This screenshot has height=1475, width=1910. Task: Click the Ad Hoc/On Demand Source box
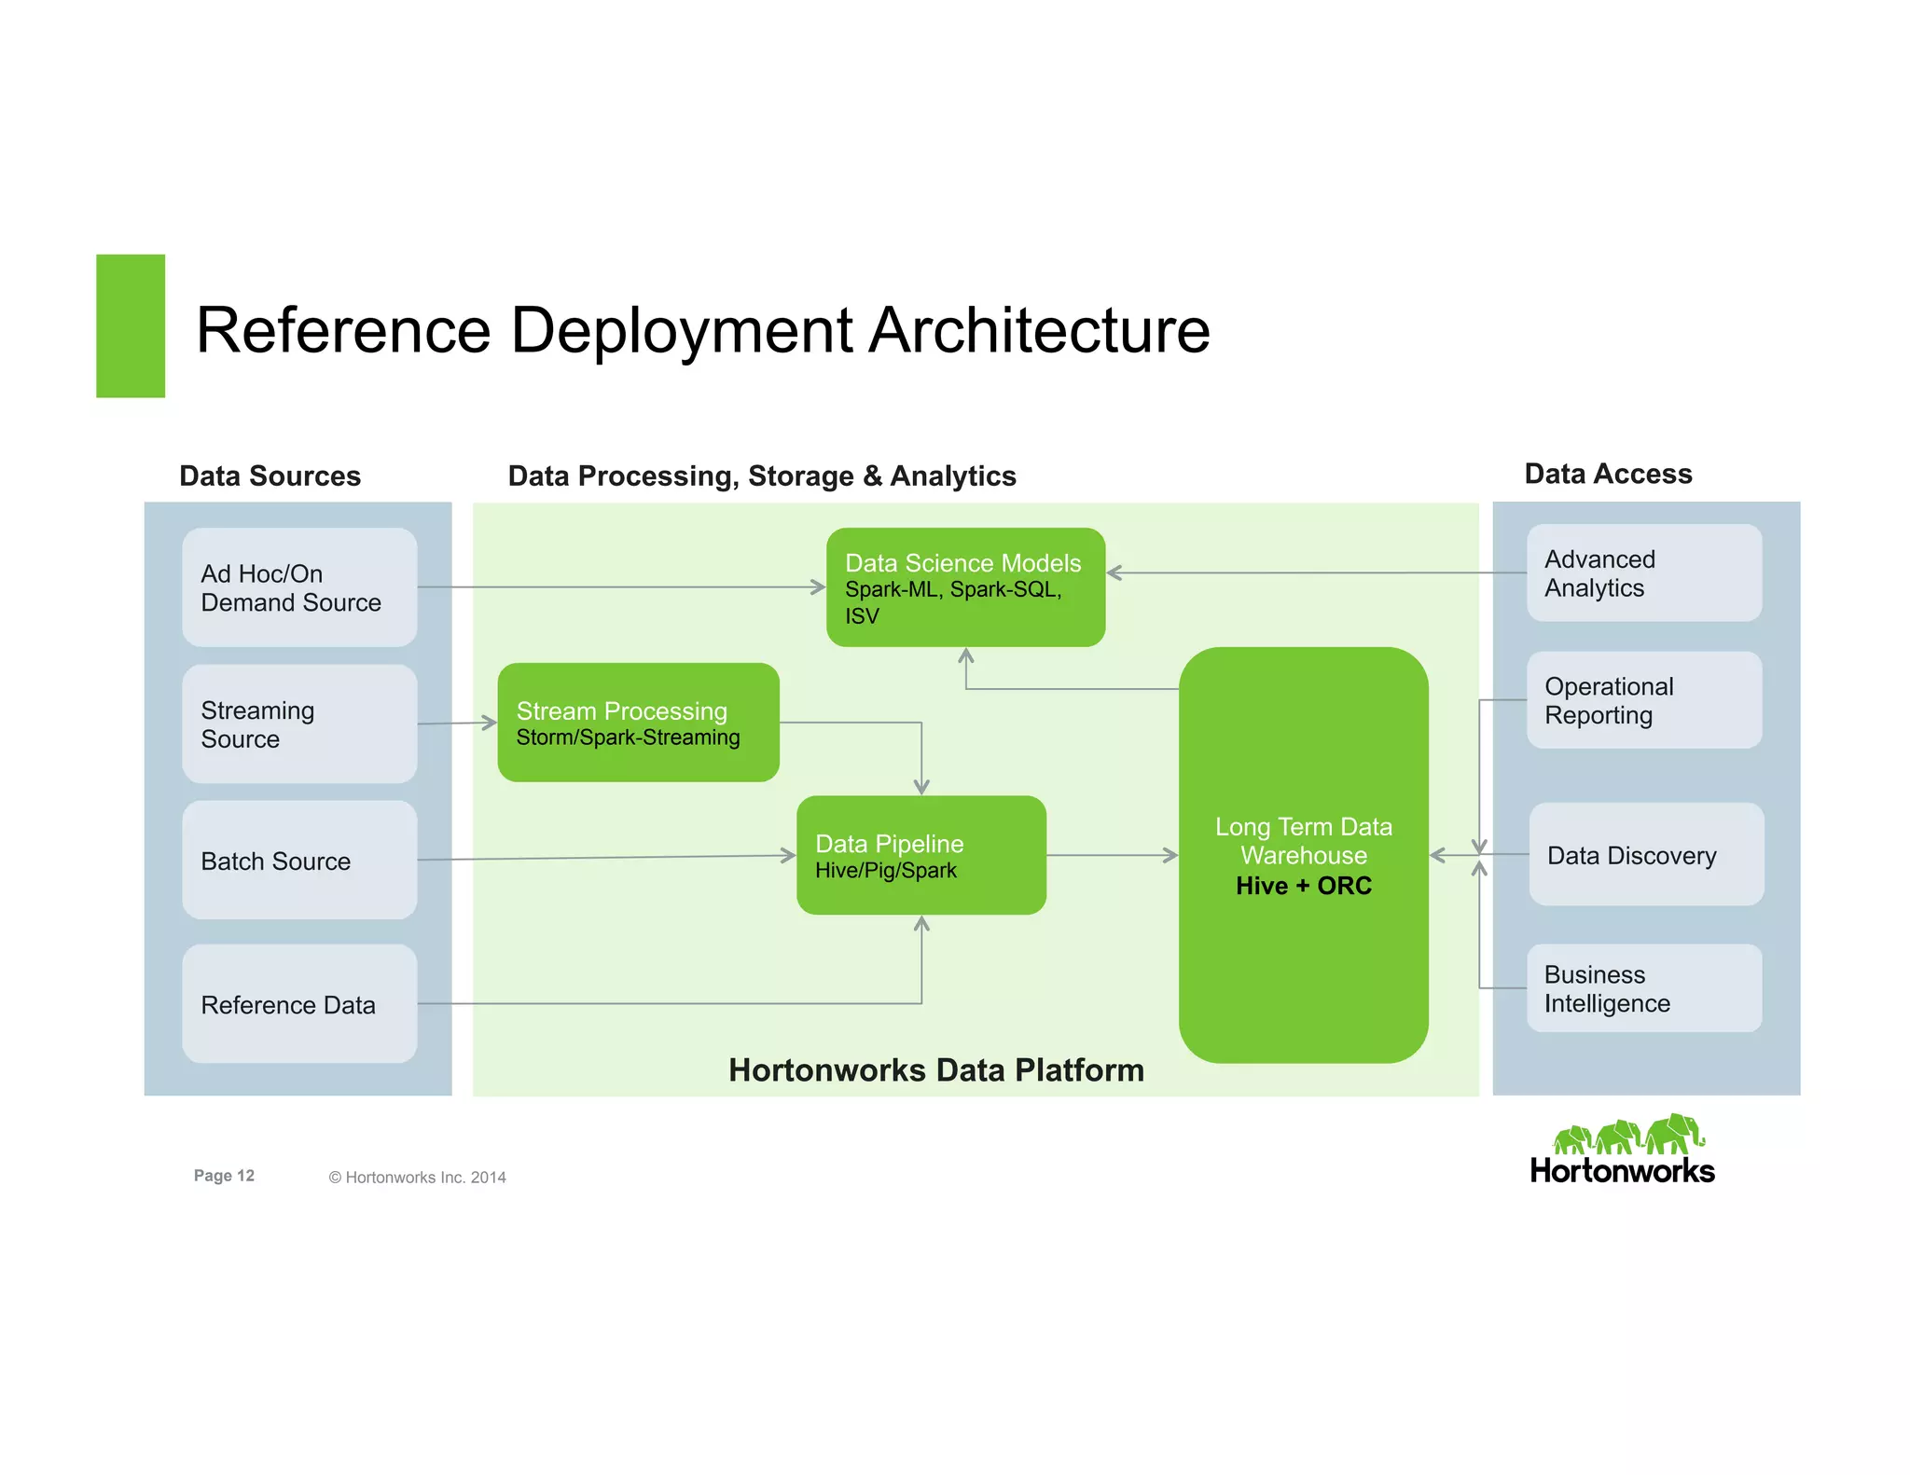(x=299, y=587)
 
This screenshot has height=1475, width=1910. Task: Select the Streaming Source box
(x=299, y=724)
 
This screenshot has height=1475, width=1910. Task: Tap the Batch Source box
(x=299, y=860)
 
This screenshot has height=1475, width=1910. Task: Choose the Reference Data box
(x=299, y=1004)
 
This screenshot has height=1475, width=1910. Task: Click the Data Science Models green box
(x=965, y=587)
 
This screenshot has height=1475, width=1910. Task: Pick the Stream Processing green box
(x=638, y=723)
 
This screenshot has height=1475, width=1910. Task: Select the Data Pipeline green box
(x=920, y=855)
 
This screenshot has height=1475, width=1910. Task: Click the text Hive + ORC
(x=1303, y=886)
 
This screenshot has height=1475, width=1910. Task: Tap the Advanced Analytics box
(x=1643, y=572)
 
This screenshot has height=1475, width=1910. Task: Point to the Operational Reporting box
(x=1643, y=700)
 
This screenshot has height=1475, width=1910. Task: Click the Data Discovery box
(x=1645, y=854)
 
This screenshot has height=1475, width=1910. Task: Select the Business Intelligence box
(x=1643, y=988)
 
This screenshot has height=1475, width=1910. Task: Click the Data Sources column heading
(x=270, y=476)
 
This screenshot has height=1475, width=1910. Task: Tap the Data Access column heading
(x=1607, y=474)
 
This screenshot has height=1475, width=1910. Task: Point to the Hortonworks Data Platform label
(x=935, y=1069)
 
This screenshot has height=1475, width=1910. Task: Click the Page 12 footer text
(x=224, y=1176)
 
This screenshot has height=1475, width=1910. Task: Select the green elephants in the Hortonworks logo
(x=1627, y=1135)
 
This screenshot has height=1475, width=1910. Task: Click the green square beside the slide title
(x=131, y=326)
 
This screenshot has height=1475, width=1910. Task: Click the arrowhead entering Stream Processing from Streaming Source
(x=490, y=722)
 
